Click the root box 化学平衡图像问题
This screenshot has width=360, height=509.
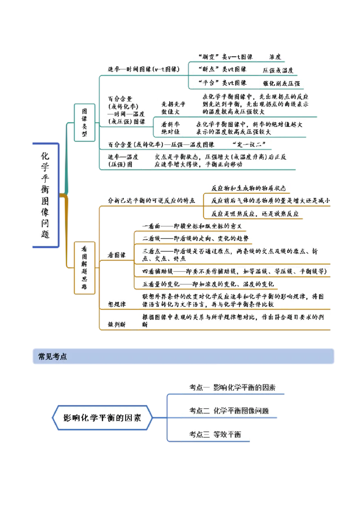(45, 195)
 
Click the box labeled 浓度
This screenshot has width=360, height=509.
(275, 57)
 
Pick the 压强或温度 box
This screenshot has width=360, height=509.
(278, 71)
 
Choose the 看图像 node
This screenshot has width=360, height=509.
(117, 255)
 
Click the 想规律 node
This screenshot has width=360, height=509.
(117, 304)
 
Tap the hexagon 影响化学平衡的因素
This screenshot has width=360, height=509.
(102, 417)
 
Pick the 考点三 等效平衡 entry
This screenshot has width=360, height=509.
(215, 434)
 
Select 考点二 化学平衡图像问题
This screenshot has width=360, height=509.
(229, 410)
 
